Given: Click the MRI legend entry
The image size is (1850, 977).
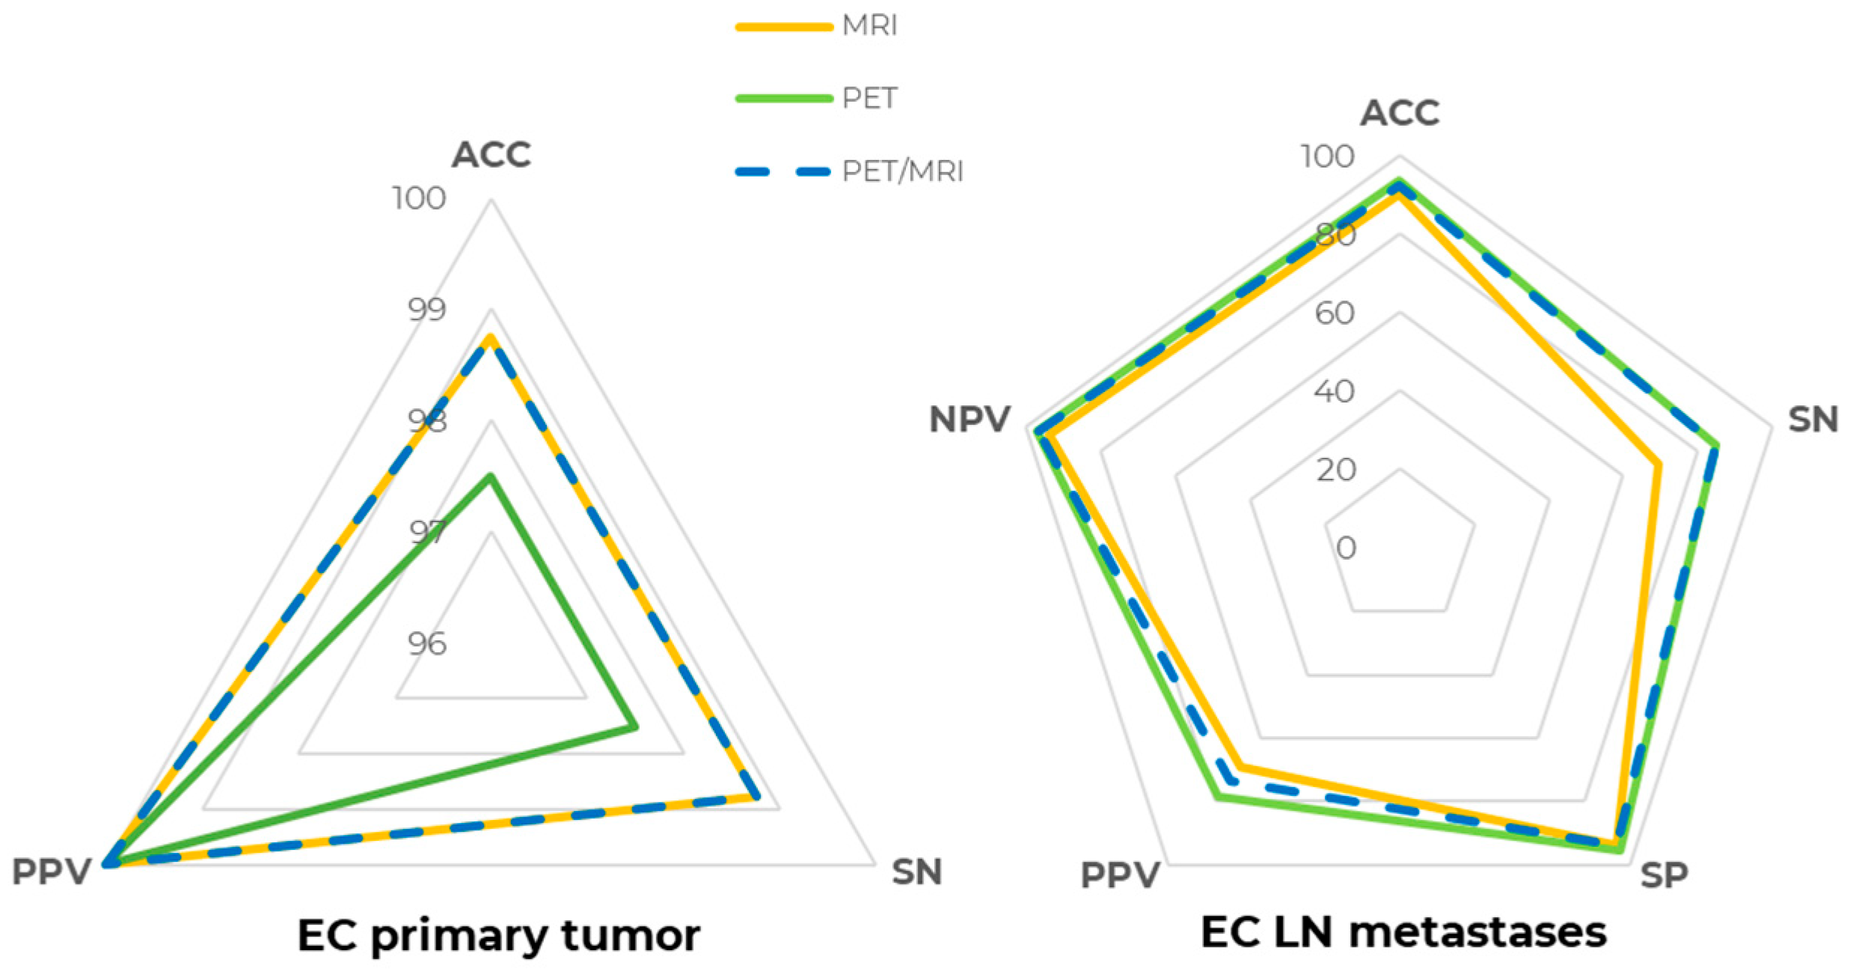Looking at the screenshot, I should pyautogui.click(x=869, y=26).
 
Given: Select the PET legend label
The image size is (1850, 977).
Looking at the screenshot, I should pyautogui.click(x=869, y=98).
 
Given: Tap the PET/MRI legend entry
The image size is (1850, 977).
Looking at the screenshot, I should pyautogui.click(x=901, y=171).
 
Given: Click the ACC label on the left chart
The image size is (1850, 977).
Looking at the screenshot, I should pyautogui.click(x=491, y=155).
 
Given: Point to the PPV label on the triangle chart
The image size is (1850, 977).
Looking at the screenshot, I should pyautogui.click(x=52, y=872).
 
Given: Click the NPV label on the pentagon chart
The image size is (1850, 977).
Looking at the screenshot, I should pyautogui.click(x=970, y=420).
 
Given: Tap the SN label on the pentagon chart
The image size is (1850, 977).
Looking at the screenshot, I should pyautogui.click(x=1813, y=420).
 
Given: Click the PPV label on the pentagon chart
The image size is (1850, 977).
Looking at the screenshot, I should pyautogui.click(x=1120, y=875).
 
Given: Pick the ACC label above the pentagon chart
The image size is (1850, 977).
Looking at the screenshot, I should pyautogui.click(x=1399, y=114).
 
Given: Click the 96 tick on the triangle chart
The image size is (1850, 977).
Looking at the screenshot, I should pyautogui.click(x=427, y=644).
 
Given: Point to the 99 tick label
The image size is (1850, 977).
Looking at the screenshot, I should pyautogui.click(x=427, y=310).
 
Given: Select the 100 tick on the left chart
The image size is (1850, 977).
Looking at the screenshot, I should pyautogui.click(x=419, y=199).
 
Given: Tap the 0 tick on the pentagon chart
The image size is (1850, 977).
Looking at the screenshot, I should pyautogui.click(x=1346, y=548).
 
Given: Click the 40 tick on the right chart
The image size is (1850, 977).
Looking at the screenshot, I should pyautogui.click(x=1334, y=391).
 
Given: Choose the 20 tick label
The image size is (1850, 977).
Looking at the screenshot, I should pyautogui.click(x=1336, y=470).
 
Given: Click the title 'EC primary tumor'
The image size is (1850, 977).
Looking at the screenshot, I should pyautogui.click(x=498, y=936).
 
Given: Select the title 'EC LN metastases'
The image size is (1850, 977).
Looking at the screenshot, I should pyautogui.click(x=1403, y=933).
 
